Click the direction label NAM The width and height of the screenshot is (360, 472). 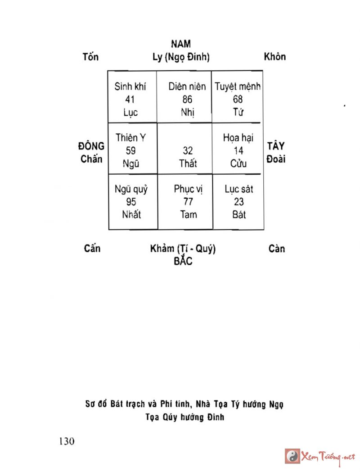(x=181, y=44)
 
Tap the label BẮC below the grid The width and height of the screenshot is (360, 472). (x=183, y=261)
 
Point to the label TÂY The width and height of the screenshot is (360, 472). (x=276, y=146)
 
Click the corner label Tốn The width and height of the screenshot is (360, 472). (x=91, y=57)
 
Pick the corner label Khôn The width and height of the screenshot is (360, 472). (x=274, y=57)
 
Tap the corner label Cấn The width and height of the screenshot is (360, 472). (x=92, y=249)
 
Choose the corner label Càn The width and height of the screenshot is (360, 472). (x=276, y=249)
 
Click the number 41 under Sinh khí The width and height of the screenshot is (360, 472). (x=130, y=100)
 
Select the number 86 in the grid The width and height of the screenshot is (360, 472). (x=187, y=100)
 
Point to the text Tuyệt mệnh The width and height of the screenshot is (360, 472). (x=238, y=86)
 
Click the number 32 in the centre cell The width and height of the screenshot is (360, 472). (x=188, y=151)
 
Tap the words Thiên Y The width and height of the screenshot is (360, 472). (x=130, y=138)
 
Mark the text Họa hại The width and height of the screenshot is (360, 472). (x=238, y=138)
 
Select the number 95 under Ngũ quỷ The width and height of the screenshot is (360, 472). (x=131, y=202)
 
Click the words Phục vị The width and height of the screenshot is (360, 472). (x=188, y=189)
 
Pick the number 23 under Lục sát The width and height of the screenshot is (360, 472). (x=239, y=202)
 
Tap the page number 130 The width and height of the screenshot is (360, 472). (x=66, y=440)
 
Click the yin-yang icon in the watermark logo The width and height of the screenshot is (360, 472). (x=293, y=456)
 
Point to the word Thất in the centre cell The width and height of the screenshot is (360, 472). (x=188, y=163)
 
